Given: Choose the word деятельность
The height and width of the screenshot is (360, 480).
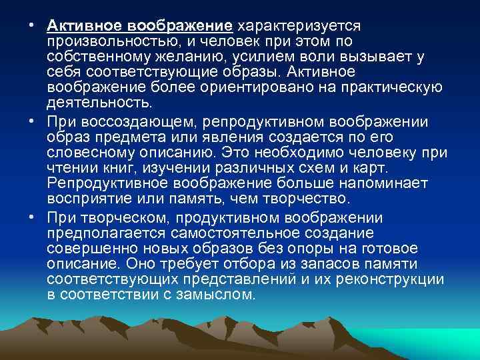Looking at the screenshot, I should pyautogui.click(x=99, y=103).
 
